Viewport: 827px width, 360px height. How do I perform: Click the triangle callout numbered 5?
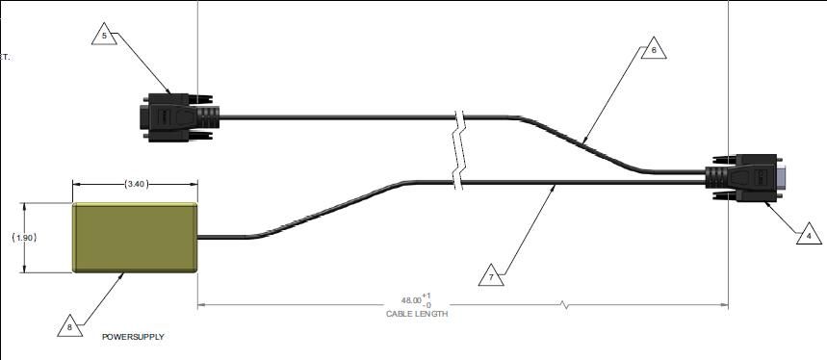104,35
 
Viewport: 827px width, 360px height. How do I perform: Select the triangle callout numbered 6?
654,49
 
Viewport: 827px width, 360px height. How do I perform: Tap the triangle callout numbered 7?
491,276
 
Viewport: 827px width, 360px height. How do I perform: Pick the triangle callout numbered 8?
70,327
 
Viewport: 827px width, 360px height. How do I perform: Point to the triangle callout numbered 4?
809,235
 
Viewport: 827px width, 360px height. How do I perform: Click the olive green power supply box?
135,238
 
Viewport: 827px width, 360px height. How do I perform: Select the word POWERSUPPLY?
133,337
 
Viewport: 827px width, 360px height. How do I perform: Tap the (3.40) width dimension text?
136,184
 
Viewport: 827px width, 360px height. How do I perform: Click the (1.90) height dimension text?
24,238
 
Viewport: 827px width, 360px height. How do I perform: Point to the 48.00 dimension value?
411,300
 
